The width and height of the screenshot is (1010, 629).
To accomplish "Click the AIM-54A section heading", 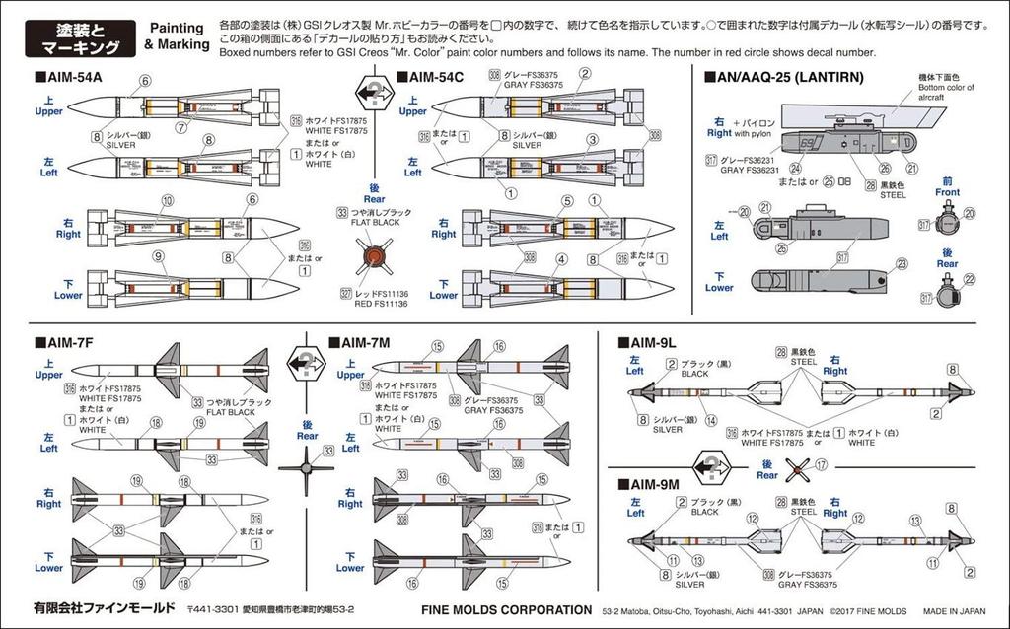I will [x=67, y=76].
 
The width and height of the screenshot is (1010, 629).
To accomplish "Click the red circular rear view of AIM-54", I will [x=373, y=257].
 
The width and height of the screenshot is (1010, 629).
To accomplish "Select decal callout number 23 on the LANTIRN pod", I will [x=902, y=263].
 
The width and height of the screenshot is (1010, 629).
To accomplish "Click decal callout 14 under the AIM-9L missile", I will [x=709, y=421].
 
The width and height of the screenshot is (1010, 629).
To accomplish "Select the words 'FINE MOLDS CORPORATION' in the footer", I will [x=507, y=609].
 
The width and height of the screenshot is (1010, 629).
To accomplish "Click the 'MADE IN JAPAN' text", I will [x=951, y=609].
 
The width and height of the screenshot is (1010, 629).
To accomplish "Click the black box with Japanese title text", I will [x=83, y=36].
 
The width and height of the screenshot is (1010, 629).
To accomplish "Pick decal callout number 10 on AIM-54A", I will [x=168, y=200].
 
